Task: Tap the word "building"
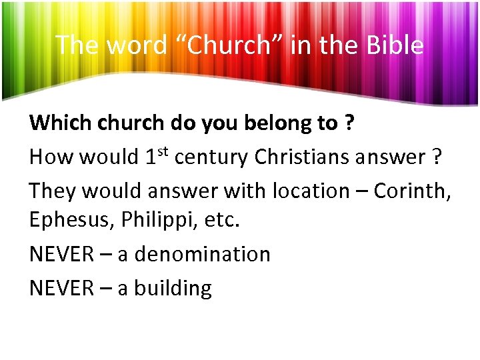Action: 173,288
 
